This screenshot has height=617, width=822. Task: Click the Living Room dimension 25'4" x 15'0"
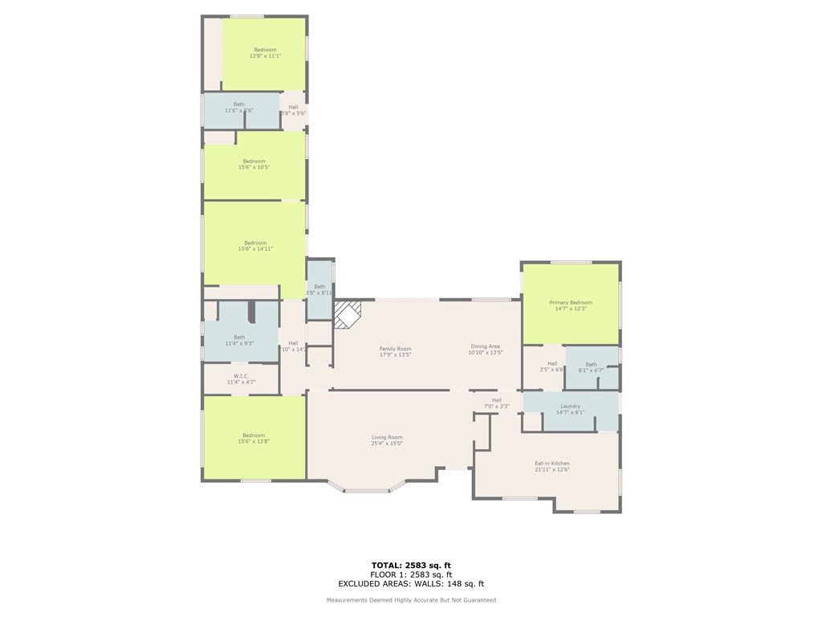click(386, 443)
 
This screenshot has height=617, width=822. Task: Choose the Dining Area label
click(485, 346)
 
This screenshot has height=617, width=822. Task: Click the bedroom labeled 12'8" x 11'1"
click(265, 53)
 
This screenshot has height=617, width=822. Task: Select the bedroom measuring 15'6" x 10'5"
click(254, 164)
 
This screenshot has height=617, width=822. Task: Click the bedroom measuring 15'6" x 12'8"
click(254, 439)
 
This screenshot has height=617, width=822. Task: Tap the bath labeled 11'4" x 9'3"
click(239, 341)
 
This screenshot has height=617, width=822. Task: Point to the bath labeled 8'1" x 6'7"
click(591, 367)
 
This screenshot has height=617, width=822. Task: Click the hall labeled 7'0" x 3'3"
click(496, 402)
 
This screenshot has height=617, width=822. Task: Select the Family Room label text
click(395, 349)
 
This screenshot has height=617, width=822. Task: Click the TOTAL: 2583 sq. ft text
click(410, 565)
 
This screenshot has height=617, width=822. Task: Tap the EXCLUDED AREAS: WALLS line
click(410, 584)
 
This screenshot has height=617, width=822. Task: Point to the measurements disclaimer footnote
click(410, 600)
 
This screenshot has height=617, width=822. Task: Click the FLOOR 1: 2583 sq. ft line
click(410, 574)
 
